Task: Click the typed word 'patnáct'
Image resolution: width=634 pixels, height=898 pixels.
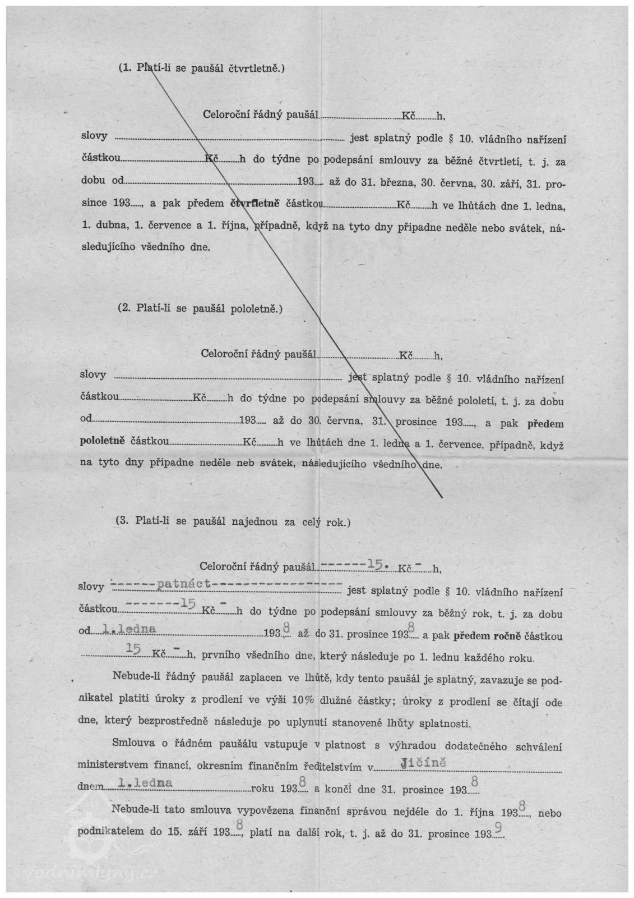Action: pos(184,584)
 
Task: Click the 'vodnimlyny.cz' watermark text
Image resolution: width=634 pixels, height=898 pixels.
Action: pos(92,873)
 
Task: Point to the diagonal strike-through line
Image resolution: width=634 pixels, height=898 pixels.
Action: pos(291,281)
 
